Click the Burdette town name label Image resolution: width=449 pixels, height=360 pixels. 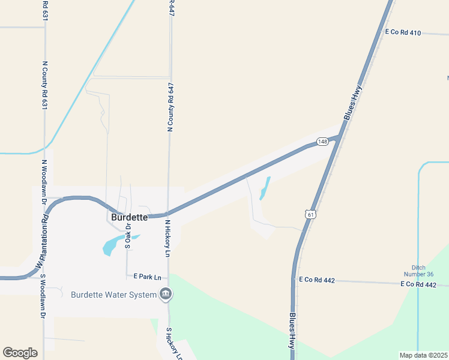coord(129,217)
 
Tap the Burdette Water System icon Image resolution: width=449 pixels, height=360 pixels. coord(166,294)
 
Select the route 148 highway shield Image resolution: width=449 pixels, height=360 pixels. coord(323,142)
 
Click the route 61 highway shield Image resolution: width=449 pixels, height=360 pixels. coord(309,214)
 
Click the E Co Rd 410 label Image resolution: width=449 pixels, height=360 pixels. coord(403,32)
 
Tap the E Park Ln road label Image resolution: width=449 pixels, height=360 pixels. coord(148,277)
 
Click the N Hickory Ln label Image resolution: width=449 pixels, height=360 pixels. coord(167,238)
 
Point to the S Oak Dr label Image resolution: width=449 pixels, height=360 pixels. coord(128,236)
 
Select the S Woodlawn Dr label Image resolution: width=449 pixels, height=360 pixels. coord(43,296)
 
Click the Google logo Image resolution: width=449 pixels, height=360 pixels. coord(20,353)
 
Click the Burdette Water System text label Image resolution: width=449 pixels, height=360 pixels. coord(113,295)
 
